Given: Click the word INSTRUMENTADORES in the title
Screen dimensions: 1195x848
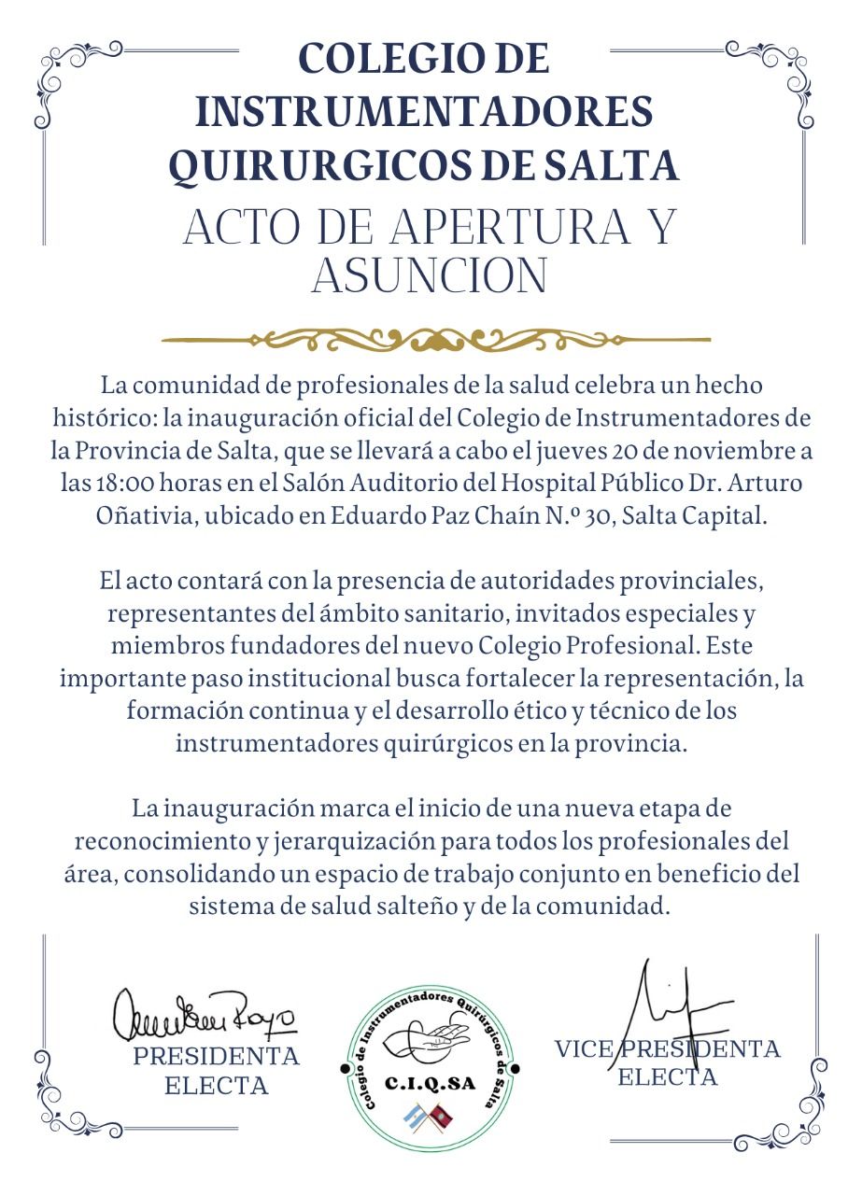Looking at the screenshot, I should (424, 113).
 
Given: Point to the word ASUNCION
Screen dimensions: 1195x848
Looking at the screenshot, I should (429, 275).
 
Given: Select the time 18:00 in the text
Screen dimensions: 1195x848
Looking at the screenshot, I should (129, 485).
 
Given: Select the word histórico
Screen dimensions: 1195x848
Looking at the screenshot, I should (98, 418).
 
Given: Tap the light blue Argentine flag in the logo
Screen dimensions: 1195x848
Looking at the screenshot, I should (412, 1115).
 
